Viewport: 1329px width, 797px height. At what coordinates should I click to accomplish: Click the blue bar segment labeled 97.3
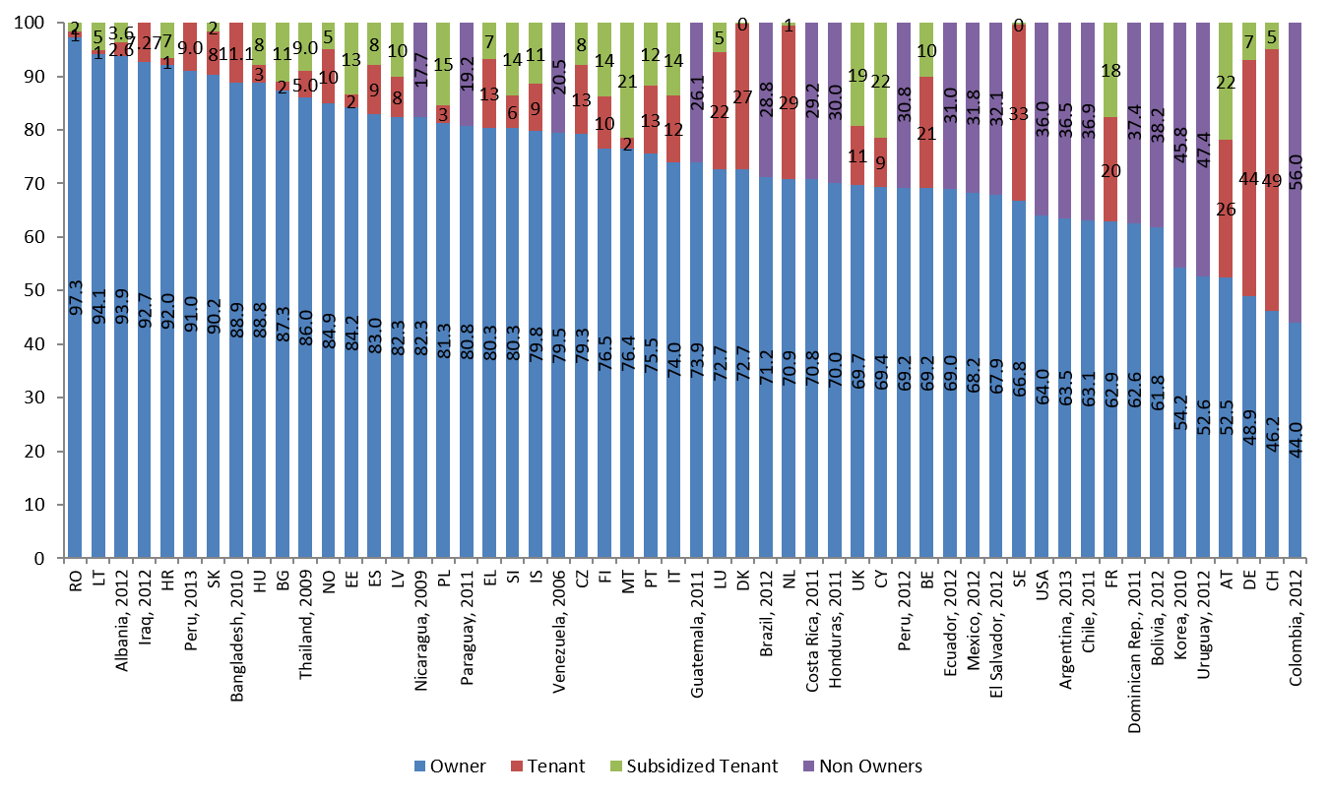point(75,295)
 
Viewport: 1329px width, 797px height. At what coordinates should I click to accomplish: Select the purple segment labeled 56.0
point(1295,172)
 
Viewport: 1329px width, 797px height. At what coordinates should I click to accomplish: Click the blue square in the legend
point(420,766)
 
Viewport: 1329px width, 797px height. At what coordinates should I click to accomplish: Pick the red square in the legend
point(517,766)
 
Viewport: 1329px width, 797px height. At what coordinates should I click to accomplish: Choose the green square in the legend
point(616,766)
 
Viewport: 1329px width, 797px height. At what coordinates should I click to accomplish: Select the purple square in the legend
point(808,766)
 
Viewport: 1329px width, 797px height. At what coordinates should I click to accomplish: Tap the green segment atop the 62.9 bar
point(1110,70)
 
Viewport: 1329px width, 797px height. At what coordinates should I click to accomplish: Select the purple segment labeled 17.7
point(420,70)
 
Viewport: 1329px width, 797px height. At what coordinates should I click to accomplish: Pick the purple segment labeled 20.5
point(558,78)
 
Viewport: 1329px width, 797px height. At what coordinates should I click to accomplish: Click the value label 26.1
point(697,93)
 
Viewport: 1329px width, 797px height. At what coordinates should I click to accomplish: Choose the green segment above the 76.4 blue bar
point(627,79)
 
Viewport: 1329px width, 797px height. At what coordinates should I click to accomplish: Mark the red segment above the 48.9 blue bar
point(1249,178)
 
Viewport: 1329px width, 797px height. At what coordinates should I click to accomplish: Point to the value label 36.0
point(1043,119)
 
